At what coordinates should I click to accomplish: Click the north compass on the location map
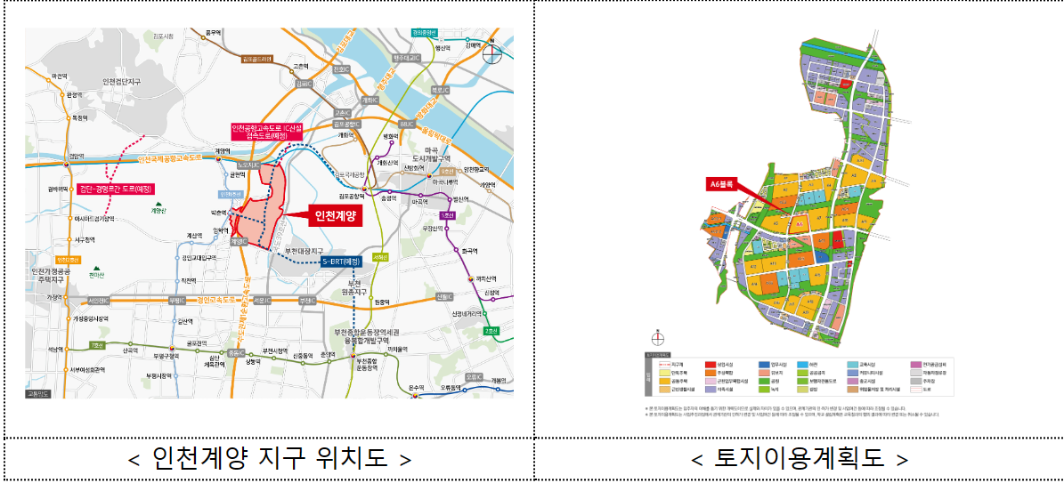[x=492, y=52]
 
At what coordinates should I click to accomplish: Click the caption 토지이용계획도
[x=799, y=459]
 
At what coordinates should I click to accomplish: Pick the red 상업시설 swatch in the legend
[x=710, y=365]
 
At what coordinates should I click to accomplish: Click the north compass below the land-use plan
[x=657, y=337]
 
